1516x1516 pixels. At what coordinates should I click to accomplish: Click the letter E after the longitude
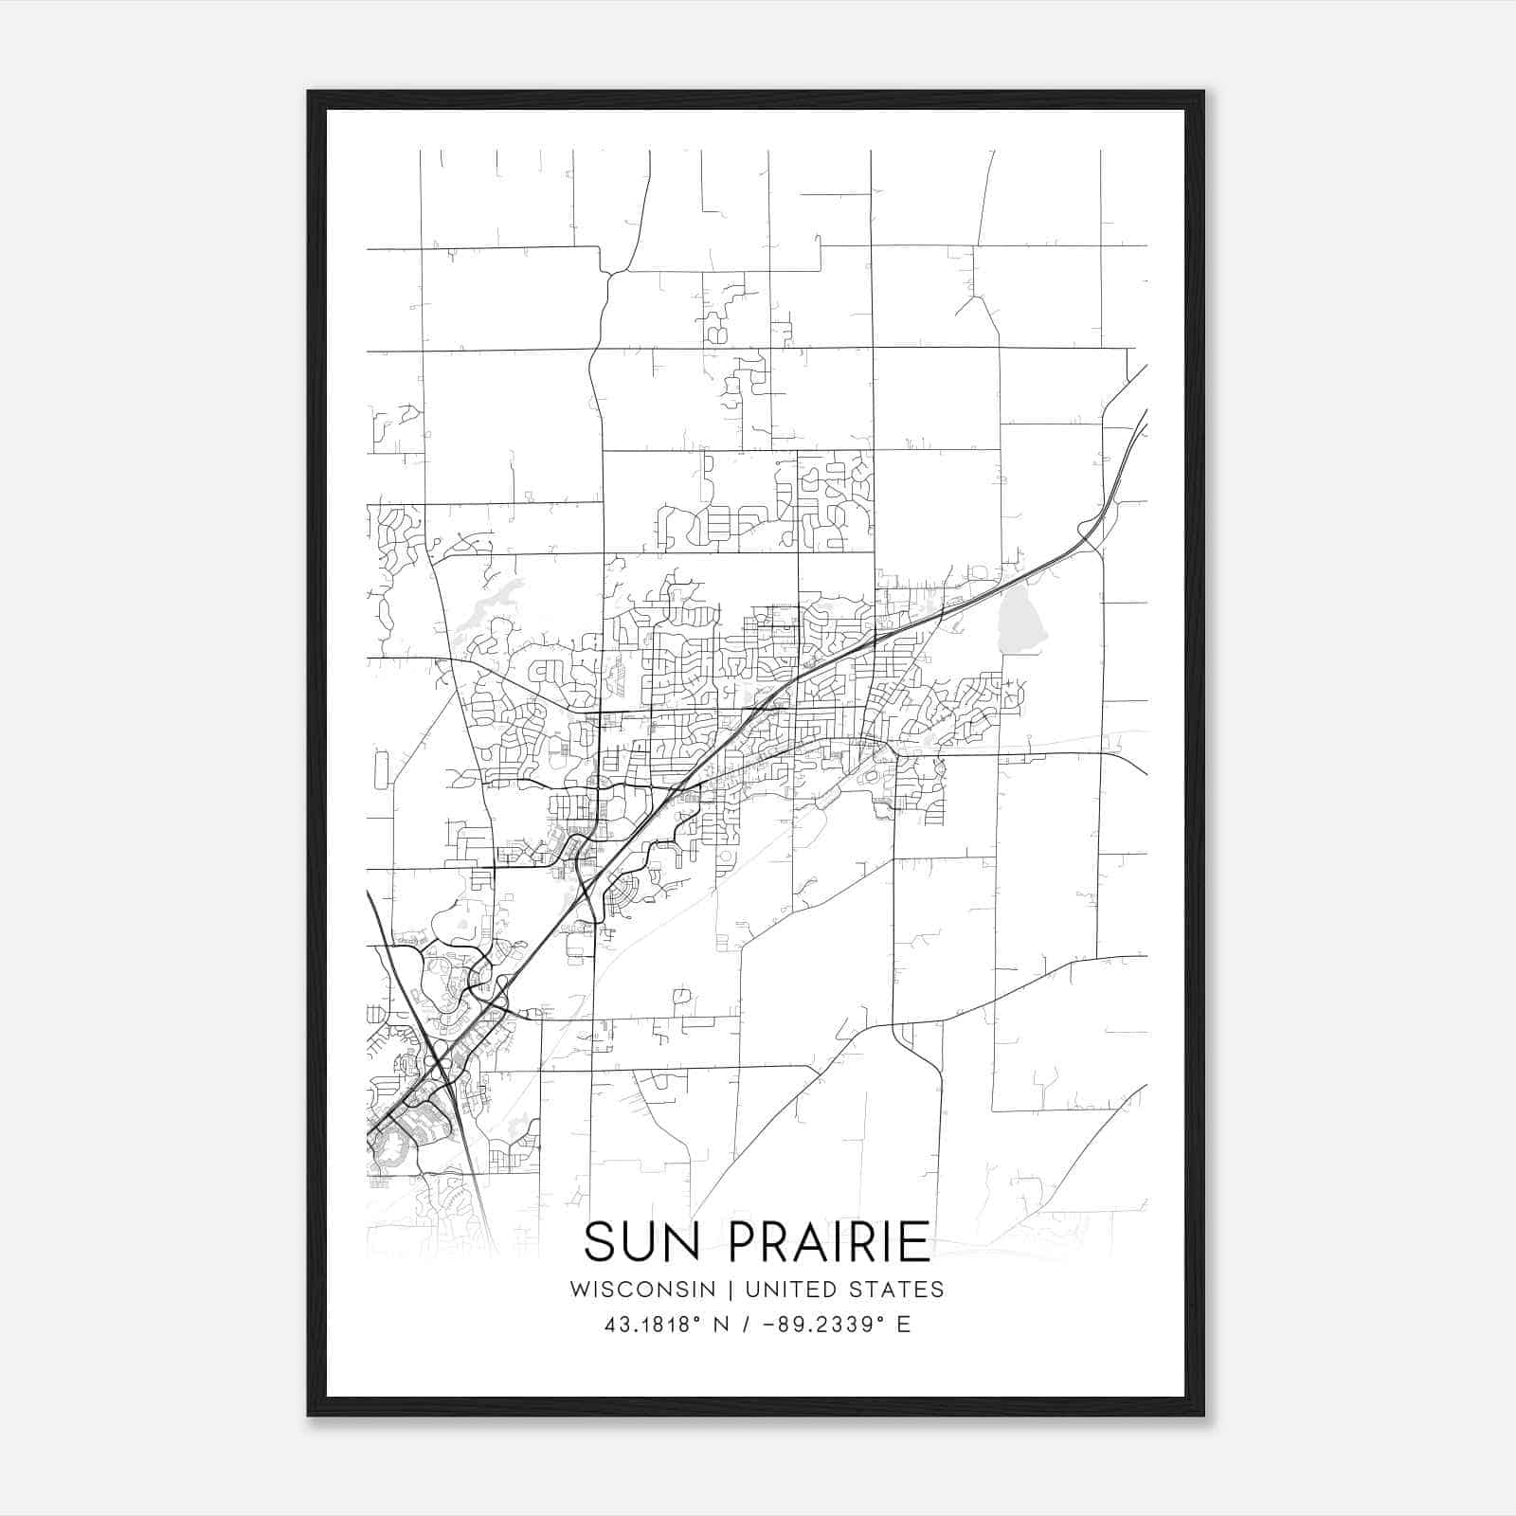tap(903, 1325)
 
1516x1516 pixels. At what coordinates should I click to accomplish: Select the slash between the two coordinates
tap(748, 1325)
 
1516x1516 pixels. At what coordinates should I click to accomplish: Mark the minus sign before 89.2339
tap(767, 1325)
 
